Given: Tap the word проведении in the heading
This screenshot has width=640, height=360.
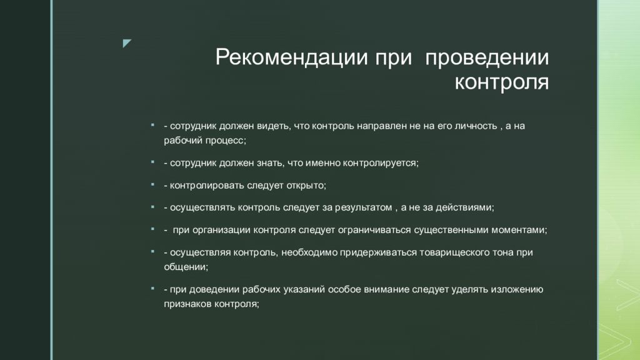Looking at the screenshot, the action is coord(487,57).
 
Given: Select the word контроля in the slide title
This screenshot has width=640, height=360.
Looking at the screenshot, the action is coord(502,82).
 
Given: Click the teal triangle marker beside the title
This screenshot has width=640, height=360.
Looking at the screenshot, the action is coord(127,43).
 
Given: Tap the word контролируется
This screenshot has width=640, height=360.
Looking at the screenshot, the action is coord(381,163).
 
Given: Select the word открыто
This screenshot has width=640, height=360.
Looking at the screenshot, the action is coord(306,185).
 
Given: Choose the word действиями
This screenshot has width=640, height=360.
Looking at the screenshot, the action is coord(465,207).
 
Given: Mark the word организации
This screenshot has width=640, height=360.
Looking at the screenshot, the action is coord(221,230).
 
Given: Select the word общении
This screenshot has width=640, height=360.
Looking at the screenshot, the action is coord(186,267).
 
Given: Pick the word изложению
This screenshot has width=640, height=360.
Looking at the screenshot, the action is coord(517,289).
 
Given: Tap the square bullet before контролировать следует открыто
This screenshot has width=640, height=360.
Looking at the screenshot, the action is coord(152,184).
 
